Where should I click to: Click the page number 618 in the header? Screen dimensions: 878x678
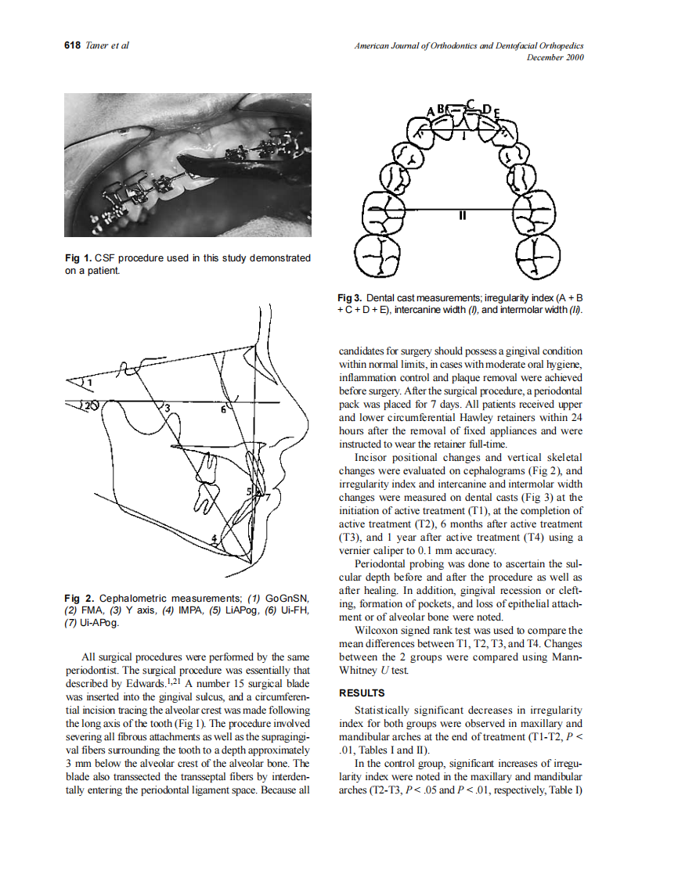click(x=72, y=45)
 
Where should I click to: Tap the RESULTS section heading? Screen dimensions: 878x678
click(x=361, y=693)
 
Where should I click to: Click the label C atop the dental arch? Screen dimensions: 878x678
click(x=470, y=103)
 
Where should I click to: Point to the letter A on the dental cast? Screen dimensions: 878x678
click(x=430, y=111)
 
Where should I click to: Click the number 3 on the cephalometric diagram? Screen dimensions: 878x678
click(x=166, y=408)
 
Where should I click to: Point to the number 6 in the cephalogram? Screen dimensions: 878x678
click(x=223, y=408)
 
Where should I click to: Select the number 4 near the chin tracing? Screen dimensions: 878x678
click(x=213, y=538)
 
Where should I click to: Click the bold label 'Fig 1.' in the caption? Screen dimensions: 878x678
click(x=78, y=258)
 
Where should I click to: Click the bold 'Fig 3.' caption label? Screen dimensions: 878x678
click(x=350, y=299)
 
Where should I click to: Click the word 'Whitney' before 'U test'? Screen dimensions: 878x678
click(x=359, y=671)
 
